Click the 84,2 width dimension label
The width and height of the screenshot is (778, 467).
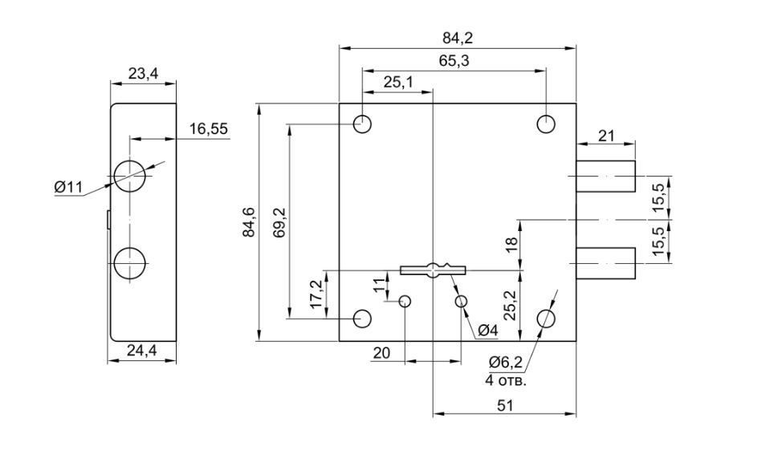458,37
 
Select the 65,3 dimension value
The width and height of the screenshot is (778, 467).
454,61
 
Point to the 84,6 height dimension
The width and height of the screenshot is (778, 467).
249,222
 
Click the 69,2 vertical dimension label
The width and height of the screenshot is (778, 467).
279,222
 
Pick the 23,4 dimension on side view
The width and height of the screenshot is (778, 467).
143,74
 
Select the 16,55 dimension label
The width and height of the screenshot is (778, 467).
208,128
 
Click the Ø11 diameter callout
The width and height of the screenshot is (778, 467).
69,187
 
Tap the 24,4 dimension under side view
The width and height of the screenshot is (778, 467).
142,350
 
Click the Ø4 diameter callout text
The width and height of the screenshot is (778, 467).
487,330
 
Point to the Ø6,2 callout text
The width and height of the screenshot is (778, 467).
506,363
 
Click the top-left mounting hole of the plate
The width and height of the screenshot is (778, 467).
362,124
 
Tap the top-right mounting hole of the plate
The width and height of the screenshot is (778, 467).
547,124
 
